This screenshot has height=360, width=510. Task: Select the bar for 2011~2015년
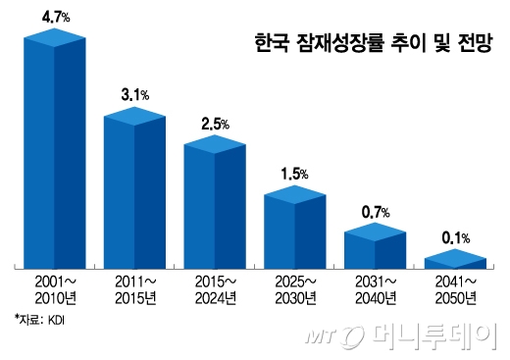click(x=134, y=191)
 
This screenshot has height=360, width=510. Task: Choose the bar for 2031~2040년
click(x=375, y=246)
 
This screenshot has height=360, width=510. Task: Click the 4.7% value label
click(x=55, y=16)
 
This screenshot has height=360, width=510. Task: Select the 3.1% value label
click(x=135, y=94)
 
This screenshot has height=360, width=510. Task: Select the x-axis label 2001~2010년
click(x=55, y=289)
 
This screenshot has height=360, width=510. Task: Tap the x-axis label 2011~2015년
click(x=134, y=289)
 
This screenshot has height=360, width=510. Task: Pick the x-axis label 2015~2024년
click(x=214, y=289)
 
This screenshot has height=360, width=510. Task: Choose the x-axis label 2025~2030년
click(x=294, y=289)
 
